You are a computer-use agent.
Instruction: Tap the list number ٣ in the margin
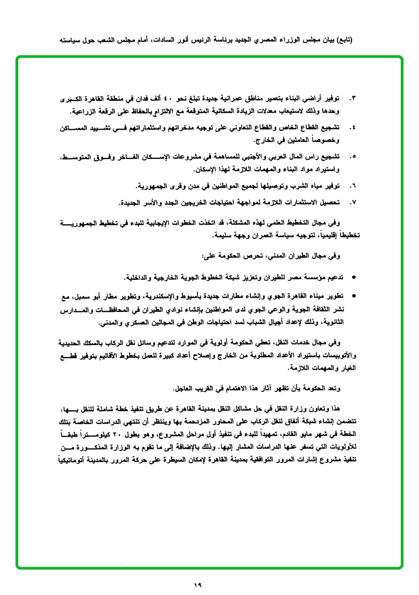(x=353, y=98)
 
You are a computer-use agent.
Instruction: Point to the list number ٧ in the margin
(x=353, y=202)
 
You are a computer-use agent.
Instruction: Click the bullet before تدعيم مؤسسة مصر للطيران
(x=354, y=277)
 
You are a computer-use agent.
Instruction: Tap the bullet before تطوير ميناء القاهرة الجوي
(x=354, y=296)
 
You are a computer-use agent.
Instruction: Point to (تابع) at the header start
(x=343, y=40)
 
